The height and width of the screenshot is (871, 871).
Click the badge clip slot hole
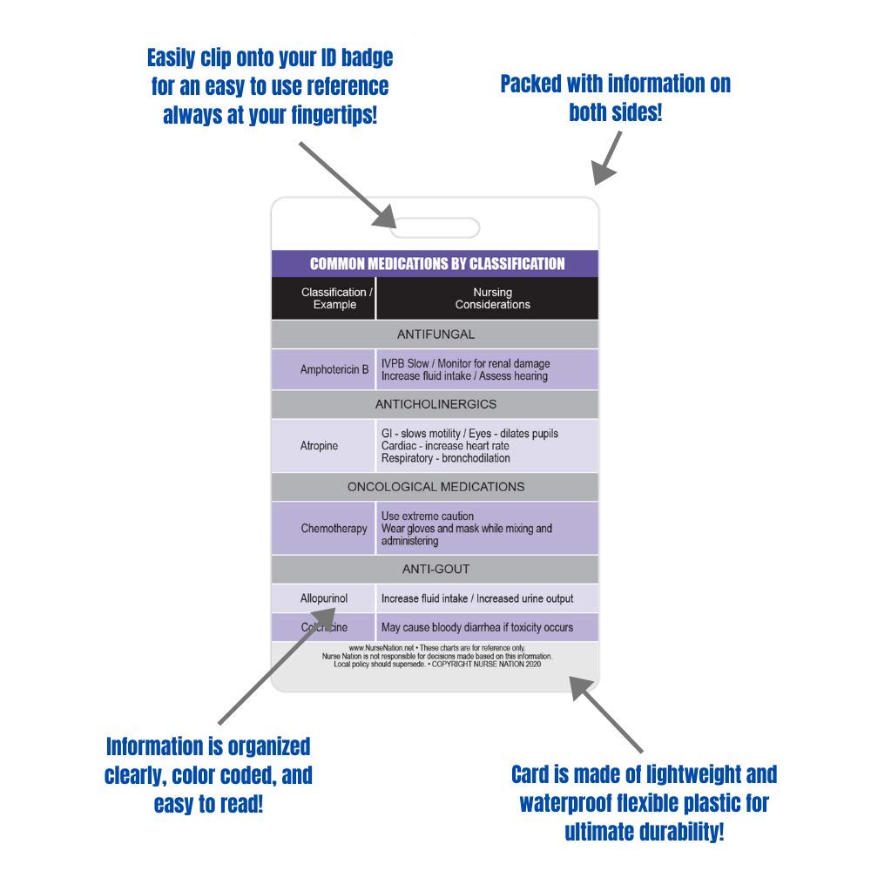(x=435, y=228)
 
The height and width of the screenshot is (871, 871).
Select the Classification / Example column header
(x=334, y=299)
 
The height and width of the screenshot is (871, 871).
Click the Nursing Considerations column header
(x=492, y=299)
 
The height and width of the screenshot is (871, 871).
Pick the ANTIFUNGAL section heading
(x=435, y=334)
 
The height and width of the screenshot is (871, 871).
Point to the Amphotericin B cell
(x=334, y=370)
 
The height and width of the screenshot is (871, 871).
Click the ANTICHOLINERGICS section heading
(x=435, y=405)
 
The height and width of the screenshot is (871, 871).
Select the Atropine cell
(x=319, y=446)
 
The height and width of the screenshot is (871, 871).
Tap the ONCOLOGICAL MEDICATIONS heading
(x=435, y=487)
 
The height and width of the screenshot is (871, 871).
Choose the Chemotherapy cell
(x=334, y=528)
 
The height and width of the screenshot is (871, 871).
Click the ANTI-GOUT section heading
(x=435, y=570)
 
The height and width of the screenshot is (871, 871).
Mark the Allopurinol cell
(x=324, y=599)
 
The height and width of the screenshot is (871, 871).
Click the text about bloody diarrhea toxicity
(x=477, y=628)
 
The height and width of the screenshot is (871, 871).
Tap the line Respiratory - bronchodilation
(x=446, y=458)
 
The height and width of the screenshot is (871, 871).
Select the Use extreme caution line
(x=428, y=517)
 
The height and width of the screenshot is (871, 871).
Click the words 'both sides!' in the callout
(x=616, y=112)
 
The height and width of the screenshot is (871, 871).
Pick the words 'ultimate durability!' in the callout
(x=645, y=832)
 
